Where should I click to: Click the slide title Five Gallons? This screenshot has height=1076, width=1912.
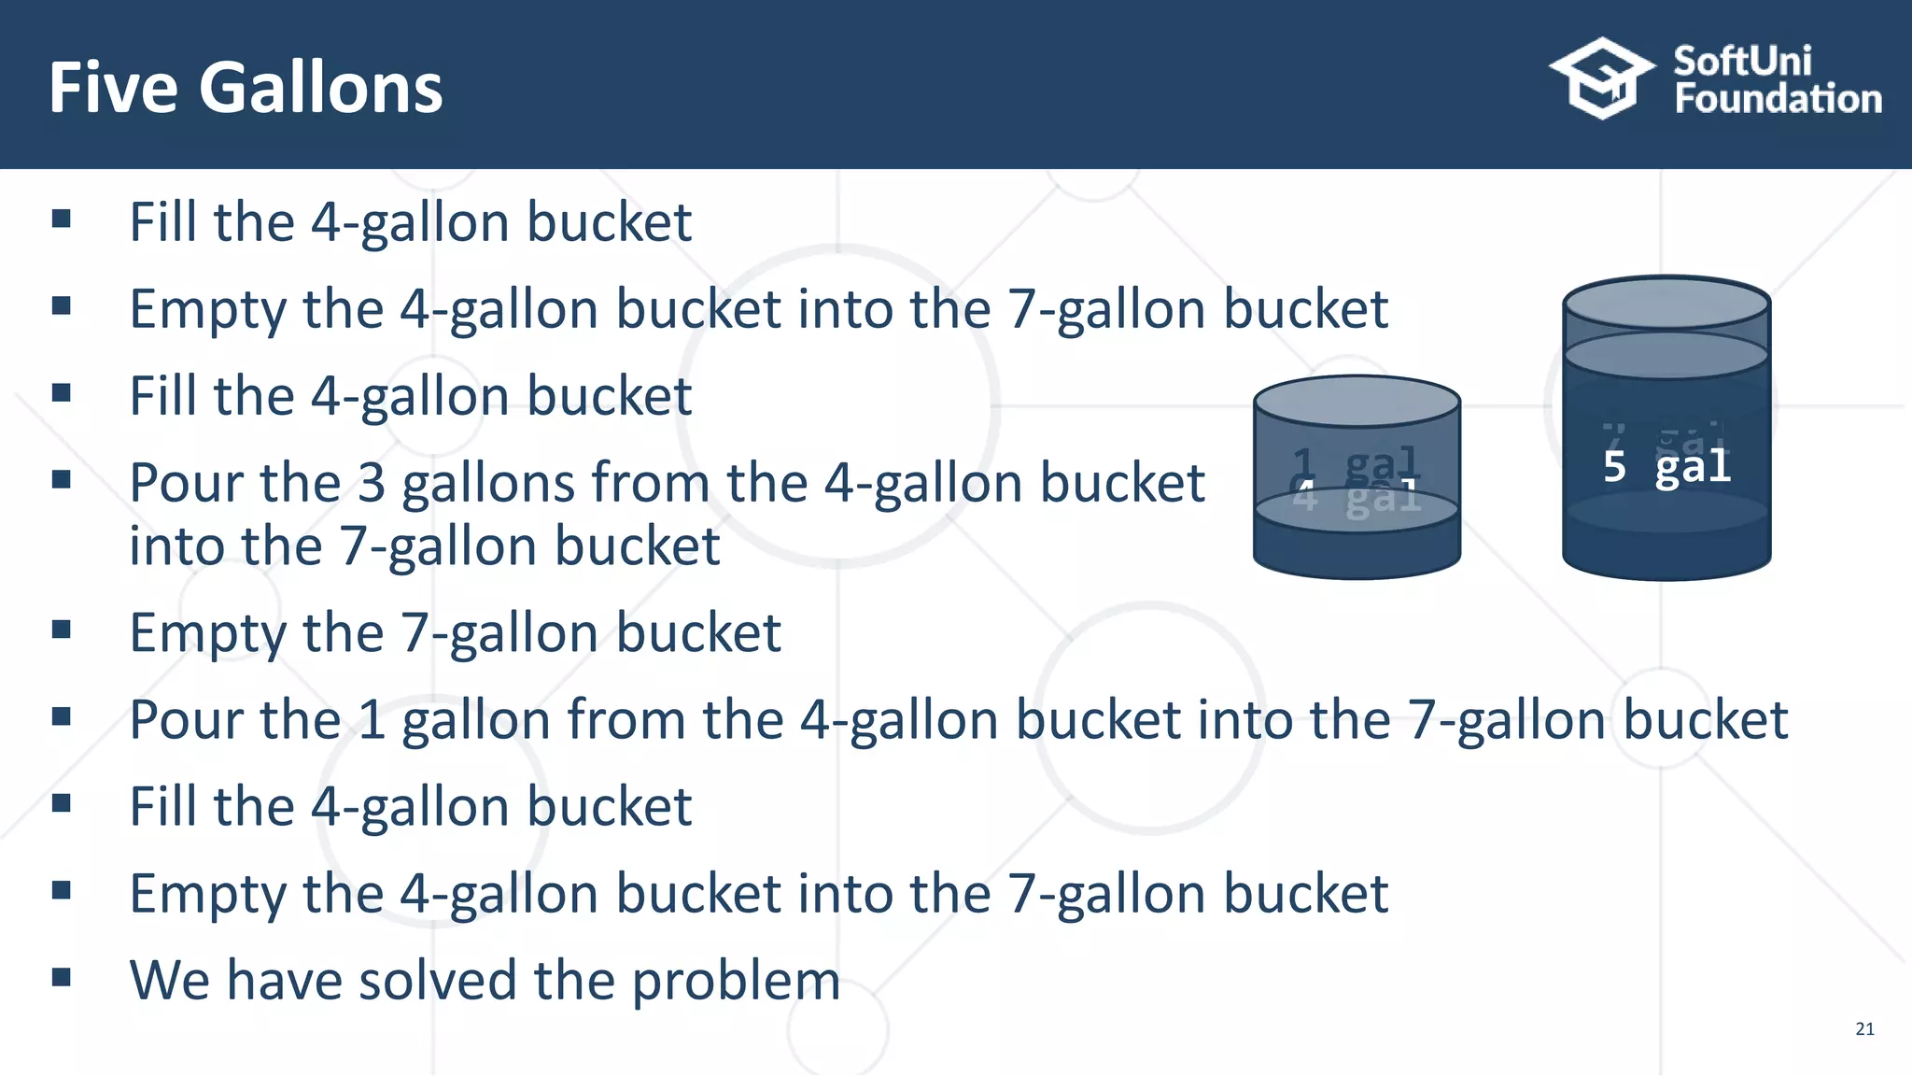click(246, 88)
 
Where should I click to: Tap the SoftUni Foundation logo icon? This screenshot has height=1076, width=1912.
click(1601, 78)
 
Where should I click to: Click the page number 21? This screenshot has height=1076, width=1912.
click(1864, 1028)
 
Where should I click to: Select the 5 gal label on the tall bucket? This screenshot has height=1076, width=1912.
click(1666, 466)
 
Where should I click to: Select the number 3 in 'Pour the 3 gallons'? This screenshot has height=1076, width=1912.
click(371, 484)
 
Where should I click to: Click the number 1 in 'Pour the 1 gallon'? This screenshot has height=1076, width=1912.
click(372, 720)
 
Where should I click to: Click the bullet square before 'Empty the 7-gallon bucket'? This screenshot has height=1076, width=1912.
click(62, 630)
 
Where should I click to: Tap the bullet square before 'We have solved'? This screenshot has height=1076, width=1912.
click(62, 977)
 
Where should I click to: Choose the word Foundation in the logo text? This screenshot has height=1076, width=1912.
click(1778, 99)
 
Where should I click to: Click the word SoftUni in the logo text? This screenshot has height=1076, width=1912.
click(1742, 61)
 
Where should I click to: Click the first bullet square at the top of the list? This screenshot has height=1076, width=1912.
click(62, 219)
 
